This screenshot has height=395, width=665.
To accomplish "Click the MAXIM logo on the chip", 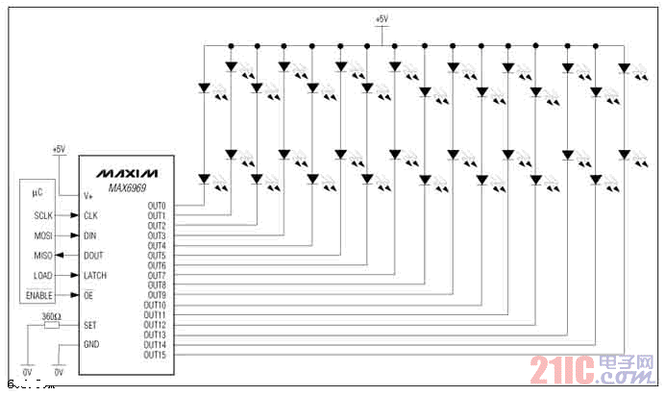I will coord(126,172).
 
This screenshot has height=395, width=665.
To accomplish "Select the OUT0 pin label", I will coord(157,206).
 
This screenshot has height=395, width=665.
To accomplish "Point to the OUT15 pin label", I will coord(155,355).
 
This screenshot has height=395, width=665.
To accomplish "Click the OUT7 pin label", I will coord(157,275).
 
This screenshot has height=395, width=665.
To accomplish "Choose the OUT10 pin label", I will coord(155,305).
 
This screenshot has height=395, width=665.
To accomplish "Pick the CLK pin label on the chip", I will coord(91,215).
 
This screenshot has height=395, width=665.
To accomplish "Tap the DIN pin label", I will coord(90,235).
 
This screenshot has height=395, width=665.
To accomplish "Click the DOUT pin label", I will coord(94,256).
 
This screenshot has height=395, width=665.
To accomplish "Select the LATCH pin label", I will coord(96,276).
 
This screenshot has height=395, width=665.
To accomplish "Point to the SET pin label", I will coord(90,325).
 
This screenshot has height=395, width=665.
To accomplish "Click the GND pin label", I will coord(91,345).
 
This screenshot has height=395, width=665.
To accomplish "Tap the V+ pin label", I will coord(88,195).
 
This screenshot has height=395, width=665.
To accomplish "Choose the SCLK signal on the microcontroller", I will coord(43,215).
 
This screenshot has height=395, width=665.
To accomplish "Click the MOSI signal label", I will coord(43,235).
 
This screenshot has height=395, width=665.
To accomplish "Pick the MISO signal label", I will coord(43,256).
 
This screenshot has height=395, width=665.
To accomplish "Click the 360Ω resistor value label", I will coord(52,315).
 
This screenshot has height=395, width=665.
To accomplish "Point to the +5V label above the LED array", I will coord(382,19).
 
